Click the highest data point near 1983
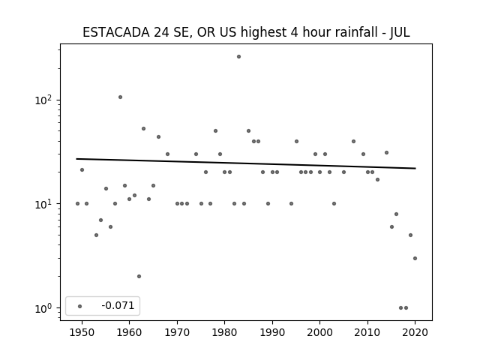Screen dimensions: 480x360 pos(238,57)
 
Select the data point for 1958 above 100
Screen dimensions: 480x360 pos(120,97)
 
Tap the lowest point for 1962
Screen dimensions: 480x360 pos(139,277)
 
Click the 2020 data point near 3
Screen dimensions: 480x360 pos(415,258)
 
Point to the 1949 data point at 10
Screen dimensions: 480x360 pos(77,203)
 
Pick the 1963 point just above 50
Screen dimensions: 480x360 pos(143,128)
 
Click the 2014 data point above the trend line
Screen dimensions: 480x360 pos(387,152)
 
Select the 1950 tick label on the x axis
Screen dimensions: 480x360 pos(82,332)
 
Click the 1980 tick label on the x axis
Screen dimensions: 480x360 pos(225,332)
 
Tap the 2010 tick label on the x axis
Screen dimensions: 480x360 pos(367,332)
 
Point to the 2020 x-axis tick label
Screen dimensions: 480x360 pos(415,332)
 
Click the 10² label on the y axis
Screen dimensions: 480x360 pos(43,100)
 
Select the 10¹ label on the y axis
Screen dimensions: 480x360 pos(43,203)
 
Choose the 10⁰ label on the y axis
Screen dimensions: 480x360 pos(43,308)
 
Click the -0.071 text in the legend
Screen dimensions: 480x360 pos(118,305)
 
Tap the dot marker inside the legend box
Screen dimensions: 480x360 pos(80,306)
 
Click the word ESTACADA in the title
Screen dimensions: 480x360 pos(116,32)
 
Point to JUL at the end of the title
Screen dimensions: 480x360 pos(400,32)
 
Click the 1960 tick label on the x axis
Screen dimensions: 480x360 pos(129,332)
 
